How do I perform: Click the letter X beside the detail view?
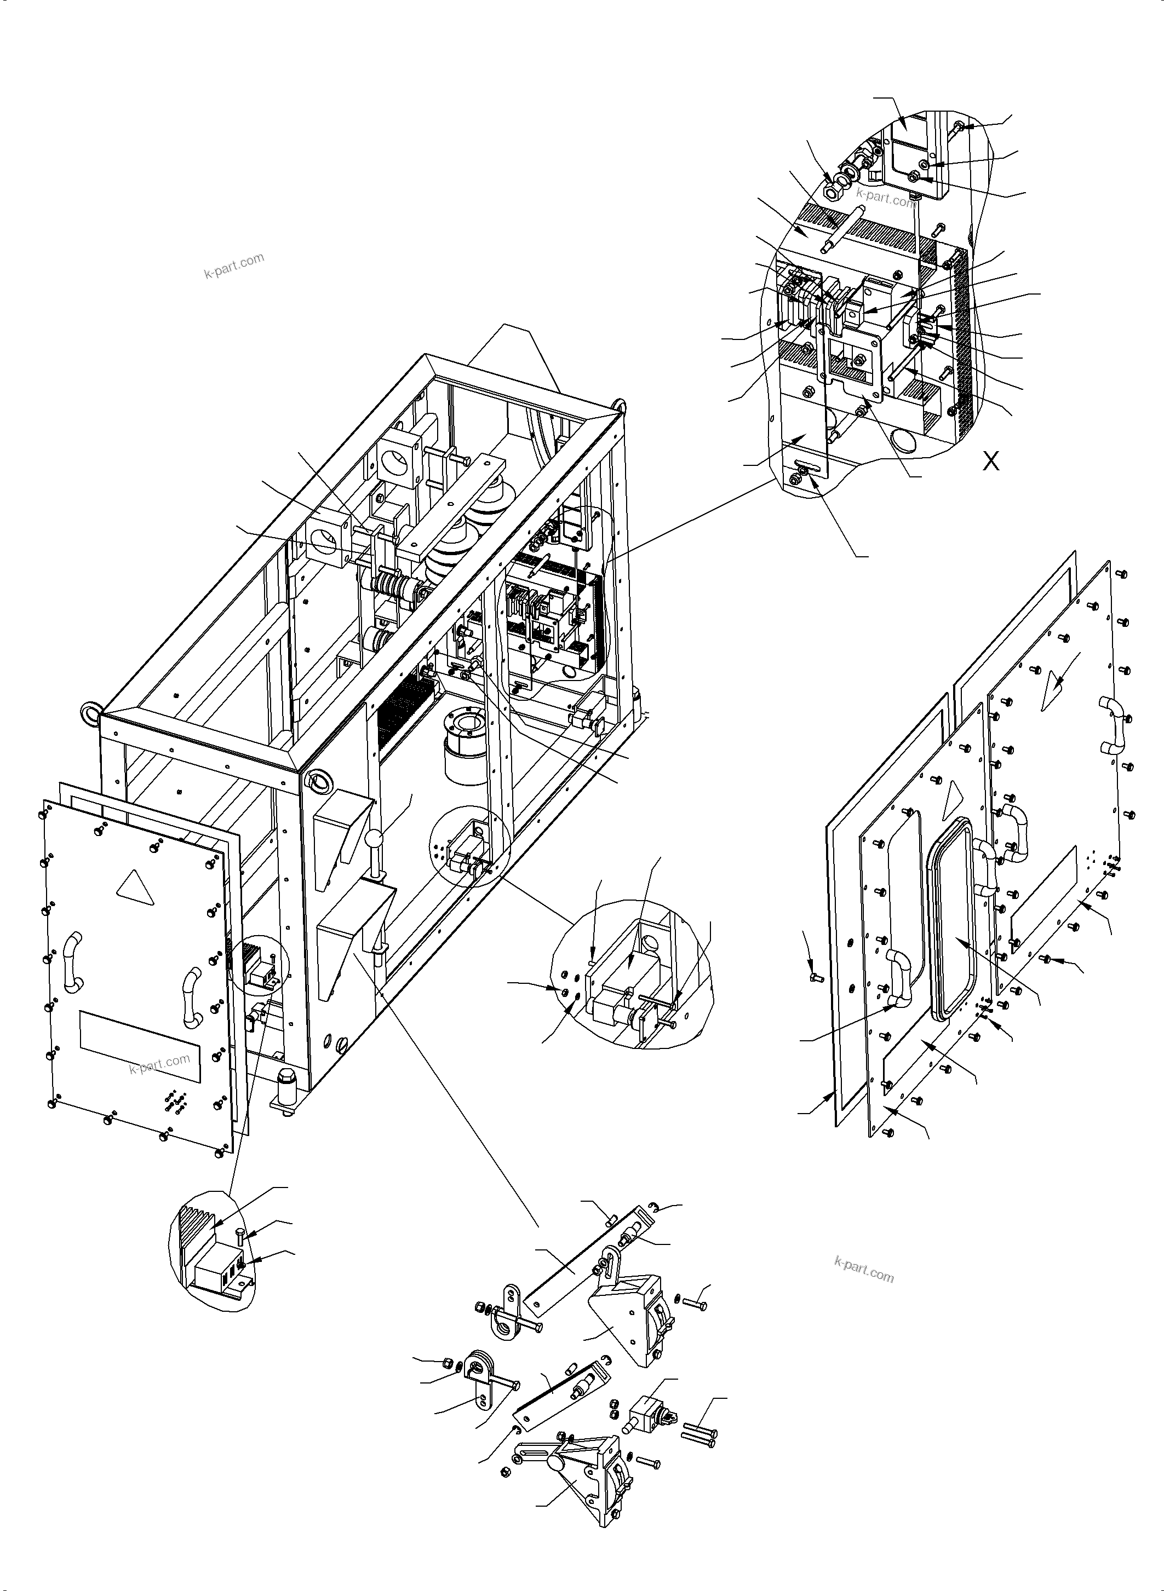click(x=991, y=462)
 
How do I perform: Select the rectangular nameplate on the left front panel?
click(x=140, y=1047)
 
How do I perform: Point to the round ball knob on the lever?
click(x=374, y=840)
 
